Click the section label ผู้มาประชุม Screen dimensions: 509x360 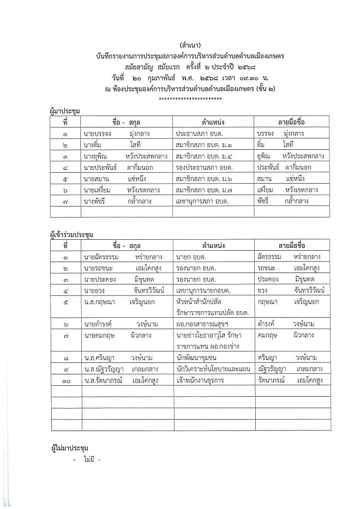(x=65, y=112)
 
